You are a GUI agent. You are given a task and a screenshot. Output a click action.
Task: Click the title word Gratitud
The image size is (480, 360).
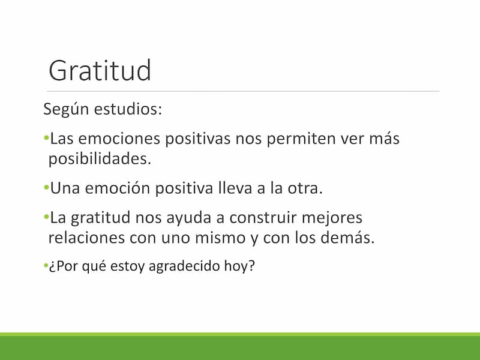pos(100,70)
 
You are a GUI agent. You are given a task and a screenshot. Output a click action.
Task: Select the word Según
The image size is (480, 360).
pos(67,109)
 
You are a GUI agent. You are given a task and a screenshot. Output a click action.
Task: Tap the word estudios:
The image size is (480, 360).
pos(128,109)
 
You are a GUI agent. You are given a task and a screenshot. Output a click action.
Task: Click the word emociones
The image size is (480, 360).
pos(119,139)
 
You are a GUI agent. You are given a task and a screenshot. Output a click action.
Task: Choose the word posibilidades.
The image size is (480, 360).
pos(100,159)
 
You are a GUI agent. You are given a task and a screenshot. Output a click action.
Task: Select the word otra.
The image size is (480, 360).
pos(305,188)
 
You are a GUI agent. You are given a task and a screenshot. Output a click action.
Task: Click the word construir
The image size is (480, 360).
pos(263,218)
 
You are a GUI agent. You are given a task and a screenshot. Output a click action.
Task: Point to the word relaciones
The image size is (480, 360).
pos(86,238)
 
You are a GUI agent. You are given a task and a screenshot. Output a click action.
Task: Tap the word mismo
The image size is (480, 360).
pos(220,238)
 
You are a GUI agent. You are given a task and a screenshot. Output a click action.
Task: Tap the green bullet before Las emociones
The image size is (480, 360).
pos(46,138)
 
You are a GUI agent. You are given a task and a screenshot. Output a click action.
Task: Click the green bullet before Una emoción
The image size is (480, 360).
pos(46,187)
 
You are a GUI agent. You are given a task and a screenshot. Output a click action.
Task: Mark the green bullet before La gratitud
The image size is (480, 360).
pos(46,217)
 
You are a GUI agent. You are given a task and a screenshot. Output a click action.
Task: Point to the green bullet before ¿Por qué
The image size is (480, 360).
pos(46,265)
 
